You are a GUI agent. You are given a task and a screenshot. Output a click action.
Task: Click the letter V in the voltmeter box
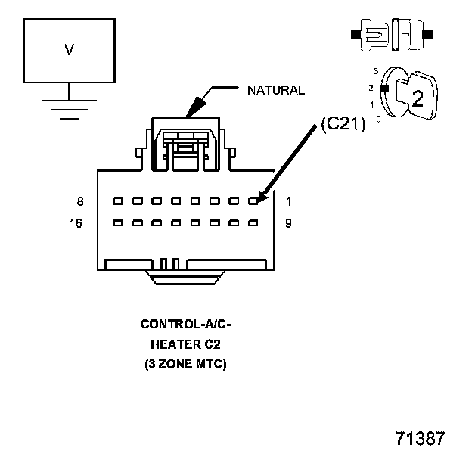69,50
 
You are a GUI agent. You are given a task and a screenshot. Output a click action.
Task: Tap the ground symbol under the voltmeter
69,107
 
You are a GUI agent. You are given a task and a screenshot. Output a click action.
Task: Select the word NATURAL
276,90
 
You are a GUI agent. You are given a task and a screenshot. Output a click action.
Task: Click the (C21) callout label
343,126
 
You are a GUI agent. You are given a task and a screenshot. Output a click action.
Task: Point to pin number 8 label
80,201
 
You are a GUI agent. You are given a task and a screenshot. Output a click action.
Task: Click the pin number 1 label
288,201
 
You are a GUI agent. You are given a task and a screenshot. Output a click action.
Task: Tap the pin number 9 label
288,223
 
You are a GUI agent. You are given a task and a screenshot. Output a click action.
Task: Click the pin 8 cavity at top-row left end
118,201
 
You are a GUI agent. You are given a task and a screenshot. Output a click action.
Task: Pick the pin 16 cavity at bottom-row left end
118,223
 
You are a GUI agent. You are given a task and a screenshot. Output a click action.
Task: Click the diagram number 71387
420,438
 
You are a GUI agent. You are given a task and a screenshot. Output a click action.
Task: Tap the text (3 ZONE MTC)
185,364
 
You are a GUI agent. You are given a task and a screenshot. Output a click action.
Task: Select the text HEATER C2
185,344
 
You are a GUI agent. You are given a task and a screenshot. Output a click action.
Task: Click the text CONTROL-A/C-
185,325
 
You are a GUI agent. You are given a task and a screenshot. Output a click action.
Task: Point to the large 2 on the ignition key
416,97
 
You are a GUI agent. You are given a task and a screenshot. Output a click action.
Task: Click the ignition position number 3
375,71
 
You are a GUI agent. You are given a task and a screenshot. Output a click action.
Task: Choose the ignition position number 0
378,119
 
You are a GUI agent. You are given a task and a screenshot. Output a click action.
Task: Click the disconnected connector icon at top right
392,35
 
